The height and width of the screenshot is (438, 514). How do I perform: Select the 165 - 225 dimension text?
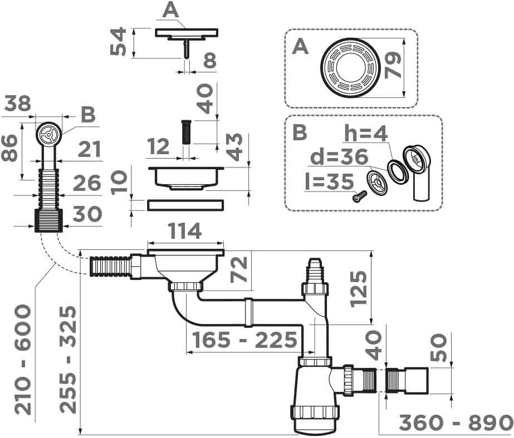[x=243, y=340]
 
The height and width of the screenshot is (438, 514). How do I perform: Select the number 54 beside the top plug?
[x=118, y=42]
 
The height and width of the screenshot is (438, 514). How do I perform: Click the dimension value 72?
[x=239, y=269]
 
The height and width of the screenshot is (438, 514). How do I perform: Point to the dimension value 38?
[x=17, y=103]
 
